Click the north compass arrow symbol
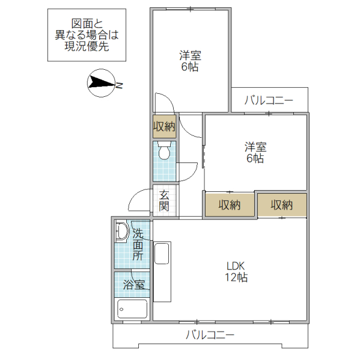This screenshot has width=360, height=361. click(100, 84)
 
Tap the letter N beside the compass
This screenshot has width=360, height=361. click(119, 85)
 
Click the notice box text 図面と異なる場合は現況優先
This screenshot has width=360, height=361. click(87, 34)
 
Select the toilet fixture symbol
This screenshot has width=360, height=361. click(163, 151)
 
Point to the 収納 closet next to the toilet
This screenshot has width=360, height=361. click(163, 127)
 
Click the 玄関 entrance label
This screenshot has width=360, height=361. click(164, 201)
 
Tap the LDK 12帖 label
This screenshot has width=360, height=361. click(237, 271)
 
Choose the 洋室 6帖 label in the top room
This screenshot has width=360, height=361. click(190, 61)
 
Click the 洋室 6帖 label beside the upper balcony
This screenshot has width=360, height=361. click(255, 152)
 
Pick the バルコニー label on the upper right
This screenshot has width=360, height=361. click(269, 100)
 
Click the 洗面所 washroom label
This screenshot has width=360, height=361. click(138, 244)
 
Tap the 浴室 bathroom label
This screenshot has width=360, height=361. click(133, 285)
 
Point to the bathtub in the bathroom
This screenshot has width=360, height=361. click(132, 309)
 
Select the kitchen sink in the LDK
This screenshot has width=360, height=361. click(162, 253)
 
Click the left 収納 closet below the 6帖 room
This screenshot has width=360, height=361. click(229, 205)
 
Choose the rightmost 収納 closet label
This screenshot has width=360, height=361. click(281, 205)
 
